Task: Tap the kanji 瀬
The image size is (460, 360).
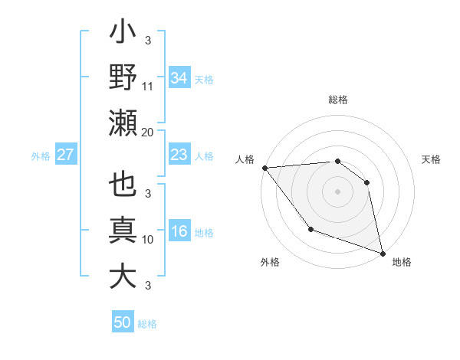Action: tap(123, 123)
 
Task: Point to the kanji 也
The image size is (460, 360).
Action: tap(123, 186)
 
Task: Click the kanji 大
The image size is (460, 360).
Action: tap(123, 276)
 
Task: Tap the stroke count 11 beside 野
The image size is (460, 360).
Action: tap(148, 87)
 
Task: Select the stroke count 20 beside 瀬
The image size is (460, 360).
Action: tap(148, 133)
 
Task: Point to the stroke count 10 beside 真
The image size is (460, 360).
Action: tap(148, 240)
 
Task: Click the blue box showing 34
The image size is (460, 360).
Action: tap(179, 77)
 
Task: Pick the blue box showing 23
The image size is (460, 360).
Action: tap(179, 155)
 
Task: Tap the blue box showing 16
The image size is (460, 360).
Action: tap(179, 232)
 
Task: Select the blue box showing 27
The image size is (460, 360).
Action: tap(65, 155)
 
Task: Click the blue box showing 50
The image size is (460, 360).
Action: tap(122, 322)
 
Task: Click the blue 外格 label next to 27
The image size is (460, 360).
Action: tap(41, 155)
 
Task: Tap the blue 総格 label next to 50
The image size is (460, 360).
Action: tap(147, 323)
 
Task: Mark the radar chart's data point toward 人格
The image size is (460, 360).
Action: tap(264, 168)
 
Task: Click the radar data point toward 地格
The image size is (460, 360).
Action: tap(382, 253)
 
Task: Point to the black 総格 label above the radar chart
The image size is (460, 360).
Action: tap(338, 100)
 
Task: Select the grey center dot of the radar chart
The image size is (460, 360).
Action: tap(338, 191)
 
